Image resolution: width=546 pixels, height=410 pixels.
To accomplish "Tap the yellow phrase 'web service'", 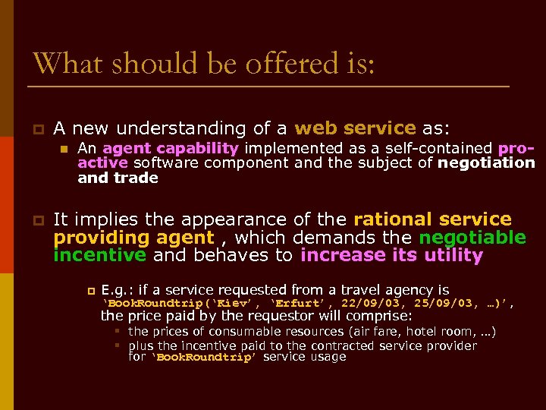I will [x=355, y=128].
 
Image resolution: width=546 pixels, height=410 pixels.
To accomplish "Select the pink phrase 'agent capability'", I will [x=171, y=149].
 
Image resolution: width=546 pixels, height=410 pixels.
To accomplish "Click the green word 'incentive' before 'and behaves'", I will [x=99, y=255].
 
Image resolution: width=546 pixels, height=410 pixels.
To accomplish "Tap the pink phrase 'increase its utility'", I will [x=391, y=255].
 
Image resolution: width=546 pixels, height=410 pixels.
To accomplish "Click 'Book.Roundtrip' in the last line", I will [x=203, y=357].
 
